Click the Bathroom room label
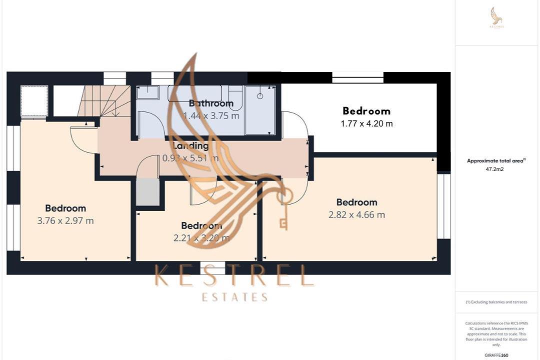(x=211, y=103)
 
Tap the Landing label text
(x=190, y=146)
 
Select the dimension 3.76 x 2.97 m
(x=65, y=220)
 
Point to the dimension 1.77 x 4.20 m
(x=366, y=123)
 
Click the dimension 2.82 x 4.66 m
(x=356, y=215)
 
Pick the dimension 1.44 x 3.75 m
(x=211, y=115)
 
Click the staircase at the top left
(x=100, y=100)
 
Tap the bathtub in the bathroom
(x=194, y=93)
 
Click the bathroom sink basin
(x=148, y=92)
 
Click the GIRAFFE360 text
(x=497, y=354)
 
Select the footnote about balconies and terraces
(x=496, y=302)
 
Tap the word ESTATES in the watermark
(x=234, y=297)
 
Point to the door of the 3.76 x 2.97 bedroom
(x=82, y=140)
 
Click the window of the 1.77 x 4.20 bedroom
(x=358, y=77)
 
